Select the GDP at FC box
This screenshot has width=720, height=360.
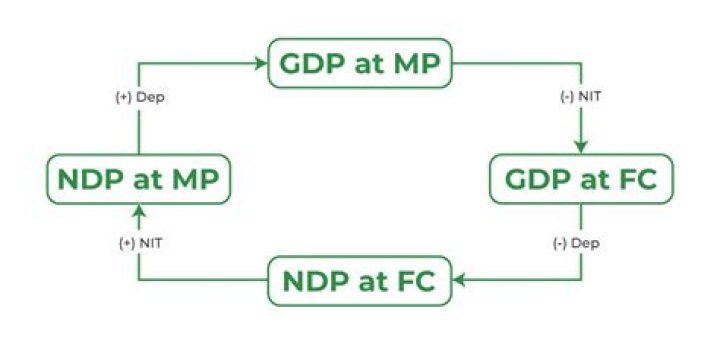(580, 179)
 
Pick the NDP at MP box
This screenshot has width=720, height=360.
(139, 180)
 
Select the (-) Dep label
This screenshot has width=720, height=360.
(580, 243)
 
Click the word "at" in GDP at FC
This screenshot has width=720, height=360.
(590, 181)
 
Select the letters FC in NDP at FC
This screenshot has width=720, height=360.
(412, 282)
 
